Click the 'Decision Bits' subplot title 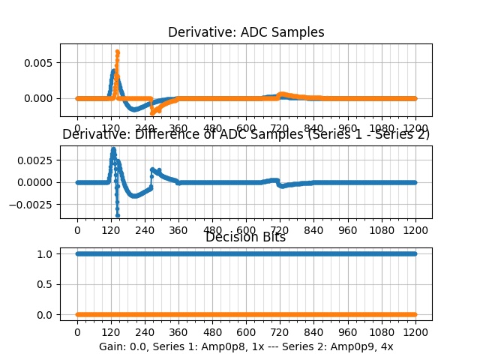pos(245,238)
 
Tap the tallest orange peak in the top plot pos(117,52)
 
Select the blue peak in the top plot pos(113,71)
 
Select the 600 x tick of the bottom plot pos(246,333)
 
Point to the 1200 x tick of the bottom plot pos(415,333)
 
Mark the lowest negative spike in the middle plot pos(117,214)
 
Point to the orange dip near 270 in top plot pos(152,112)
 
